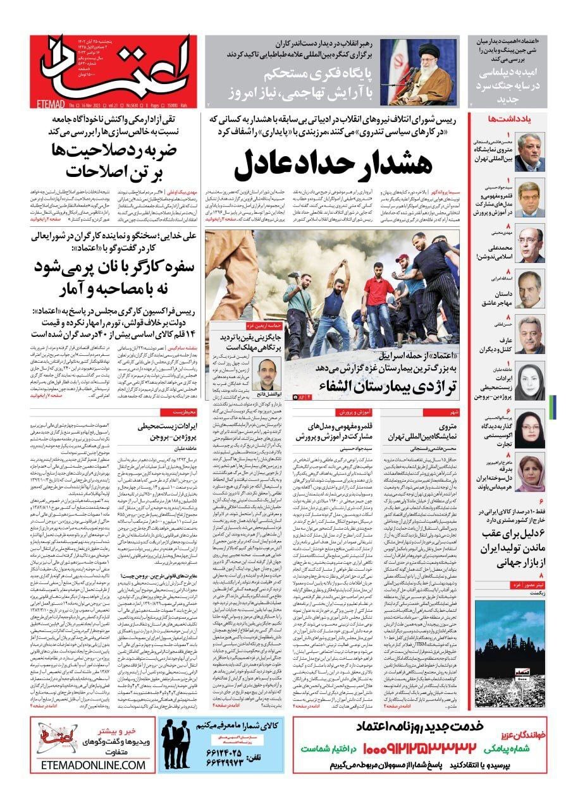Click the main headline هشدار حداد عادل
333,164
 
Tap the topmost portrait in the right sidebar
529,151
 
